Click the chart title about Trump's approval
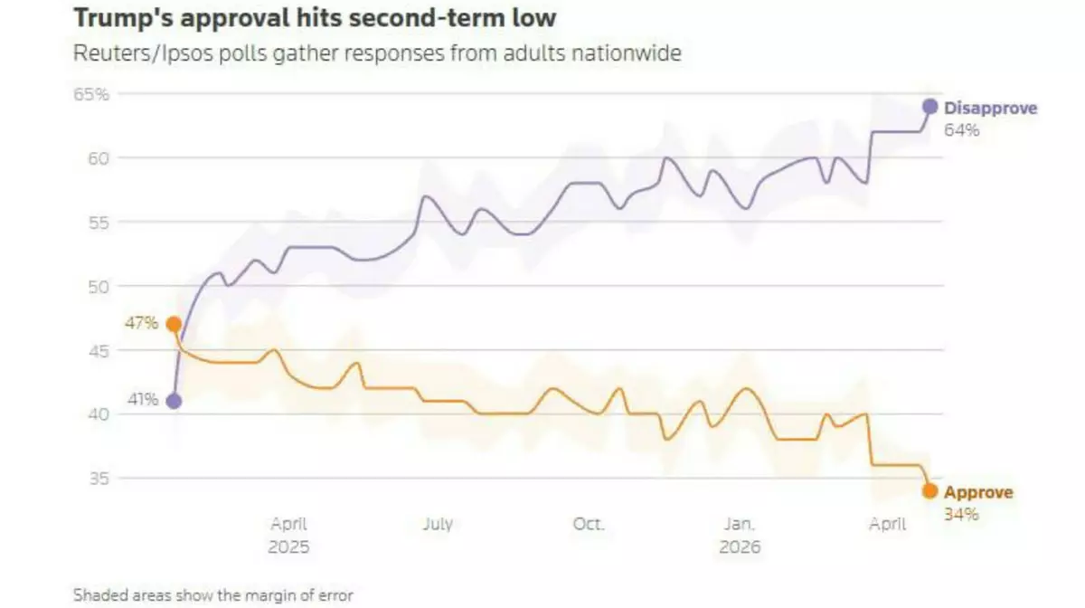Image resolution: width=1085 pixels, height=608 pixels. coord(315,18)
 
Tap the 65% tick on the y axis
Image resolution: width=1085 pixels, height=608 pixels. coord(90,94)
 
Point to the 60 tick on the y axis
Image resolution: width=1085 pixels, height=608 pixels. coord(98,158)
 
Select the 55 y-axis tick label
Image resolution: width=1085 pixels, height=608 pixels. coord(98,223)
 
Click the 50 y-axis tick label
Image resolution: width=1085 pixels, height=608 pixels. coord(98,287)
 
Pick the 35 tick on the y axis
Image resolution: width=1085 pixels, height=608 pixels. coord(98,479)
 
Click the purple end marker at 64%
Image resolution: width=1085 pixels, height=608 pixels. coord(929,107)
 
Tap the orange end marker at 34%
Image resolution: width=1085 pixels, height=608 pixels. coord(929,491)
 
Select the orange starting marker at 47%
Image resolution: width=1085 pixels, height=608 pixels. coord(174,325)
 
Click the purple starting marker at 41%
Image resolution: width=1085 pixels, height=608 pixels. coord(174,402)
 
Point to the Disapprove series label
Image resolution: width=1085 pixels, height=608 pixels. coord(990,109)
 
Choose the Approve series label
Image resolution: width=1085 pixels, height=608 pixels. coord(978,493)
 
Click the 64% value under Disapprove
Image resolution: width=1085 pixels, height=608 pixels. coord(962,130)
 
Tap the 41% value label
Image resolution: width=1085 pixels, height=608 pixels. coord(142,400)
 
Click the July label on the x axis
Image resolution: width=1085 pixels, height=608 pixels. coord(438,525)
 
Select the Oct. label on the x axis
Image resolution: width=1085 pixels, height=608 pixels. coord(589,525)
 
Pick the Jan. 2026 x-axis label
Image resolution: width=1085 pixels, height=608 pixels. coord(740,536)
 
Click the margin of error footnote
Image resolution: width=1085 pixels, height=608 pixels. coord(213,595)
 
